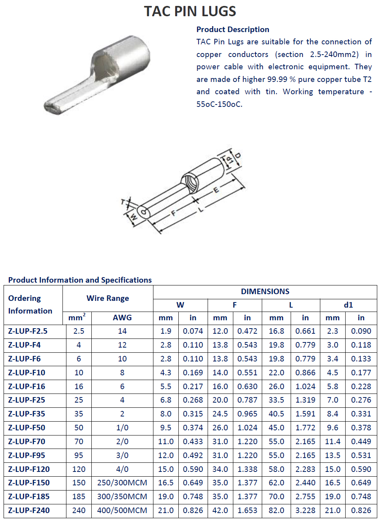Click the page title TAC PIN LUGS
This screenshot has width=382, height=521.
[190, 11]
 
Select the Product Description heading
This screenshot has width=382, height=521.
[233, 29]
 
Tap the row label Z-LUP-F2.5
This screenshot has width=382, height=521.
[28, 331]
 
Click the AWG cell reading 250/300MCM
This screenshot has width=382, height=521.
[122, 483]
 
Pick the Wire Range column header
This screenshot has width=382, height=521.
[108, 298]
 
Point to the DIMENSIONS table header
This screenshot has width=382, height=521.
[265, 291]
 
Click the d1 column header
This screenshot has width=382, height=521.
[348, 305]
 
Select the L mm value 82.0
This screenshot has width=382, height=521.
[276, 510]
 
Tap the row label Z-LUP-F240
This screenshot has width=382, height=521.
[29, 510]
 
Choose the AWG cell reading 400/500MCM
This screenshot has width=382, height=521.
[122, 510]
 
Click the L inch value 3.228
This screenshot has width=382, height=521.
[305, 510]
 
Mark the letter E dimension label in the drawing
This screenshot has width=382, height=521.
[216, 190]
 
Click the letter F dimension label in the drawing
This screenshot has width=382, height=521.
[173, 213]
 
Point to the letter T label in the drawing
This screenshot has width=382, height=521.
[123, 202]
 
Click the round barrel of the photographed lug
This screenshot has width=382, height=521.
[127, 59]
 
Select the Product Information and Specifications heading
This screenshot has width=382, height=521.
[80, 280]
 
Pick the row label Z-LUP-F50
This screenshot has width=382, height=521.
[26, 428]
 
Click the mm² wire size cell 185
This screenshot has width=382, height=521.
[79, 496]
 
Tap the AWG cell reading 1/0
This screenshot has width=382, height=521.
[122, 428]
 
